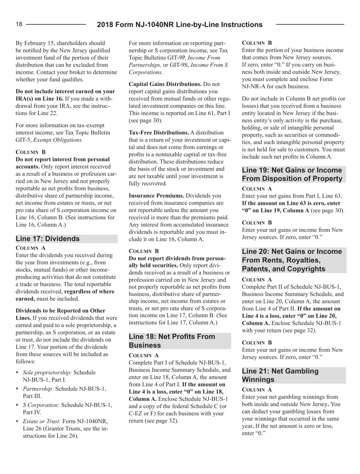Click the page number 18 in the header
click(19, 24)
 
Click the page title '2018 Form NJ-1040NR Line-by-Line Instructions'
click(180, 25)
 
